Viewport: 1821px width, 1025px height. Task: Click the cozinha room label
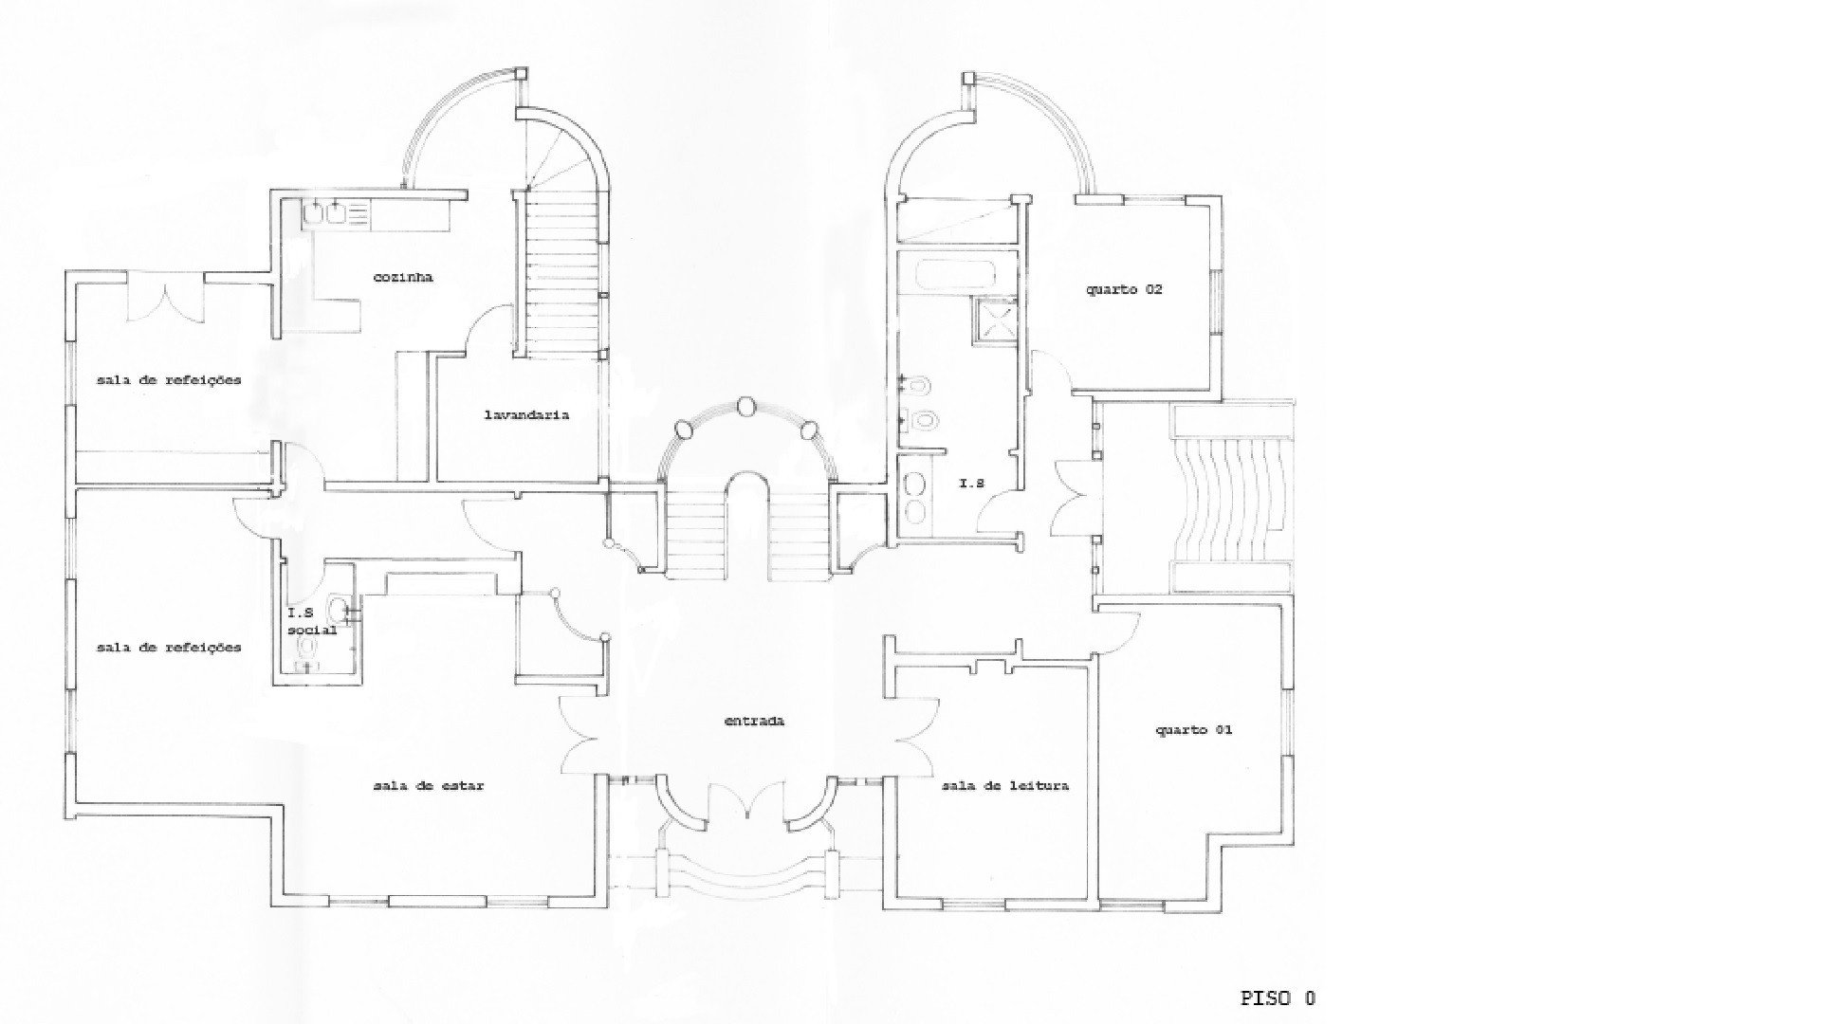pos(403,278)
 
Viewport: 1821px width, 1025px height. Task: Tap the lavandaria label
pos(526,414)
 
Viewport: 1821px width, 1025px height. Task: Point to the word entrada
pos(754,721)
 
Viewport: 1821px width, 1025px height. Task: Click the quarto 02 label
pos(1124,289)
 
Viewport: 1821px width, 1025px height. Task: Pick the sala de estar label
pos(429,786)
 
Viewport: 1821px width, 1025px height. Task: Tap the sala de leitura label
pos(1005,786)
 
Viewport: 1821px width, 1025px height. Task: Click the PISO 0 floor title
pos(1278,998)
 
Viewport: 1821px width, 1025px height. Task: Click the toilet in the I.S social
pos(307,648)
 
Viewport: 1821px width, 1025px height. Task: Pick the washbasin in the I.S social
pos(340,609)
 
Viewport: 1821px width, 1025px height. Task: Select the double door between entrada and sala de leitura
pos(911,735)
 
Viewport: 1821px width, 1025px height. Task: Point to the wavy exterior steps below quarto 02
pos(1232,500)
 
